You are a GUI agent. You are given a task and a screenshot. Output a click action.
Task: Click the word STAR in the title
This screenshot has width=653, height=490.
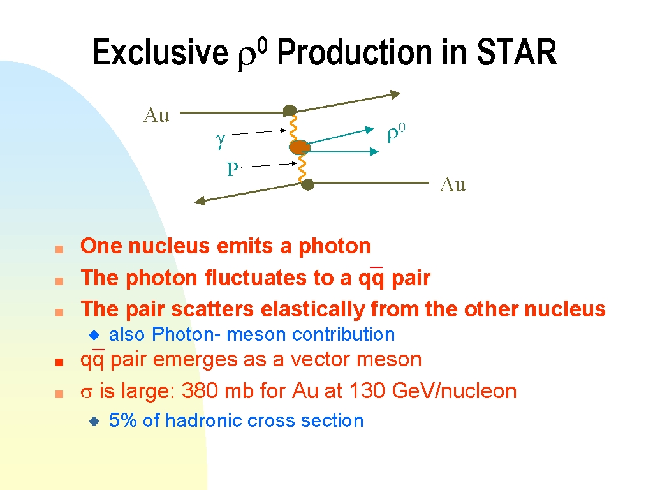tap(517, 52)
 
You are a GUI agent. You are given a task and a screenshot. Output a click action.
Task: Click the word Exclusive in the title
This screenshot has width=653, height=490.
tap(160, 52)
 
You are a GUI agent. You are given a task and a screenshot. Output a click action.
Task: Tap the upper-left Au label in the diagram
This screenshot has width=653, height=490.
tap(157, 115)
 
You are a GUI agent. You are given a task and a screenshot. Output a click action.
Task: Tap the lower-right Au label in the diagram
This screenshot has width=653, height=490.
tap(453, 184)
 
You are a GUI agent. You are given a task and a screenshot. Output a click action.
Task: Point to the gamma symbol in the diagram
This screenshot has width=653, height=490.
tap(220, 140)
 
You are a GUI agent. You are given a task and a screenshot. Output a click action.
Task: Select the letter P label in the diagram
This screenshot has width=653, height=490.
tap(232, 170)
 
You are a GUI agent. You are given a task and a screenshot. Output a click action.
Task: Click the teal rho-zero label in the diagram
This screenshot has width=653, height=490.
tap(396, 133)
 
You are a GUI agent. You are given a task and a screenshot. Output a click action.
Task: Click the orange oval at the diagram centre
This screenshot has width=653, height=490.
tap(300, 147)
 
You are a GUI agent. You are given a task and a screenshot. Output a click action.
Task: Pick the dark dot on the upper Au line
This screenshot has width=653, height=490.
tap(290, 111)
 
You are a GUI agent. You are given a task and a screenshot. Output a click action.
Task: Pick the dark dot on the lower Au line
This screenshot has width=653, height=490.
tap(307, 184)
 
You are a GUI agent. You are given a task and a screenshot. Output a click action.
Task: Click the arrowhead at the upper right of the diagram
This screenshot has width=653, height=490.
tap(395, 94)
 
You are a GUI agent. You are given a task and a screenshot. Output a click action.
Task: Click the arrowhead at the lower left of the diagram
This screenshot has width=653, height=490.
tap(200, 201)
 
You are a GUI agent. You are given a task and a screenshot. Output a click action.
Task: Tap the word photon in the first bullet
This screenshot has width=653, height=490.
tap(334, 246)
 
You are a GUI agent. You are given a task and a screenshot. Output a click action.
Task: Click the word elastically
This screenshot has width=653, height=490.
tap(312, 309)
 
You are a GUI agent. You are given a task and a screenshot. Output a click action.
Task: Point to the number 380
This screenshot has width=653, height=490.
tap(200, 391)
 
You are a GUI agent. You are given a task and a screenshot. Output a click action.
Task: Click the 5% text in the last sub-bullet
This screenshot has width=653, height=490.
tap(123, 420)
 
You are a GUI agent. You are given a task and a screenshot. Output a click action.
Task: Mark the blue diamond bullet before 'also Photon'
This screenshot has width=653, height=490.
tap(94, 334)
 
